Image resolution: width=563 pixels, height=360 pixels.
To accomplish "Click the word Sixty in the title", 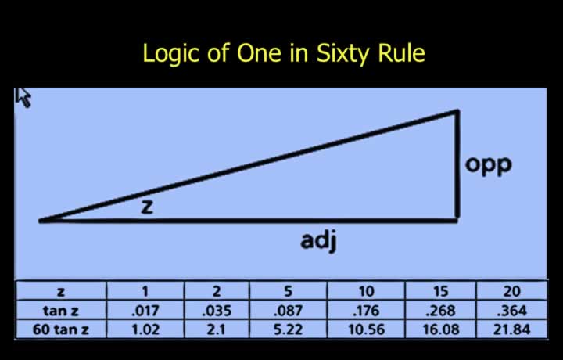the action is (342, 54).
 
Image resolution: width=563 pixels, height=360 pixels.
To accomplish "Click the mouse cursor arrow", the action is (23, 97).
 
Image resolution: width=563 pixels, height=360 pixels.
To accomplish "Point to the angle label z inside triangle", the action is (147, 207).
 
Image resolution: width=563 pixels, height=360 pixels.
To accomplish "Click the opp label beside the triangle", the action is (488, 165).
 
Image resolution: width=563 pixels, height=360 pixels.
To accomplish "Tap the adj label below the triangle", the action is (318, 241).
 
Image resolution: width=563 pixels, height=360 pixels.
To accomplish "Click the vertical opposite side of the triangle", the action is (457, 164).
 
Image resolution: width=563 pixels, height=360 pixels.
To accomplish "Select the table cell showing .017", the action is (145, 311).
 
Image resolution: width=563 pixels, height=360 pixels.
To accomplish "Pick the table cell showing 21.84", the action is (511, 329).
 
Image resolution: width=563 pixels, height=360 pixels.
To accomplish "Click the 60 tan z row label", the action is (61, 329).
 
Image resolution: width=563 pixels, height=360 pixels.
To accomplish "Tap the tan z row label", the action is (61, 311).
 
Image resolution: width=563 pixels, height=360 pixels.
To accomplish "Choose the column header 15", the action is (441, 291).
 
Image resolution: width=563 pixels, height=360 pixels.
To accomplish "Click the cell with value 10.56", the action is (366, 329).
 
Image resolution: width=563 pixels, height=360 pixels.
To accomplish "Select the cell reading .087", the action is (289, 311).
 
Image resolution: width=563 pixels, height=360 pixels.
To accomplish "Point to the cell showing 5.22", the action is (289, 329).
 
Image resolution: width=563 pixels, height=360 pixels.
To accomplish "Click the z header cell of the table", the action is (61, 291).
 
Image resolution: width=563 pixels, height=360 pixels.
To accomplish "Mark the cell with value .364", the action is (511, 311).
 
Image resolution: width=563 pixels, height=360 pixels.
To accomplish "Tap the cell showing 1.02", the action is (145, 329).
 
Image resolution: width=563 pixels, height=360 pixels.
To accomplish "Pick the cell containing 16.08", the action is (441, 329).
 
